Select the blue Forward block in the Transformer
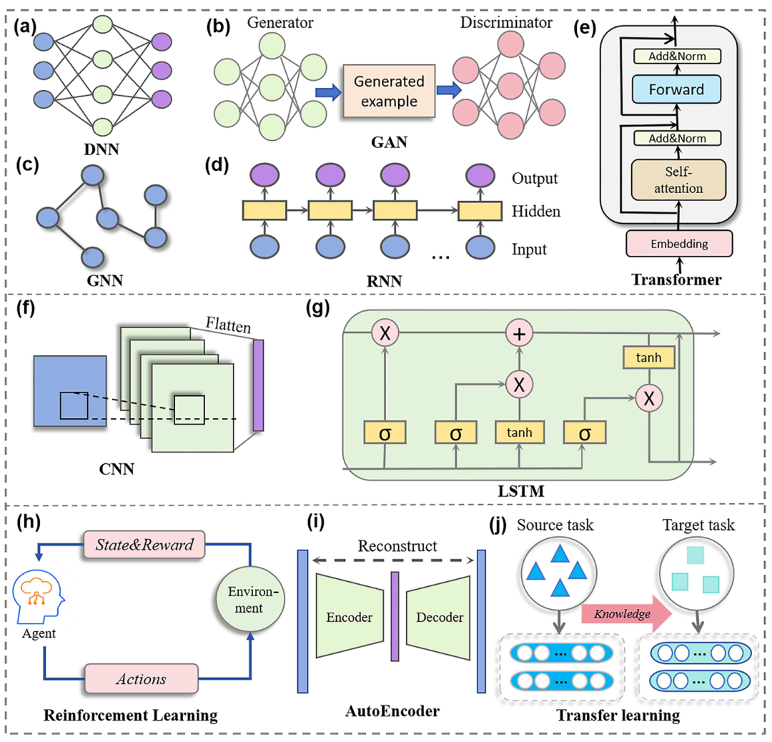[675, 89]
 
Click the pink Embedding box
[679, 243]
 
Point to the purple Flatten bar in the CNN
[258, 385]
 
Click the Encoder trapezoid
[350, 617]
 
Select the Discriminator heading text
[507, 22]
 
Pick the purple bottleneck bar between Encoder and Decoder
[394, 617]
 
